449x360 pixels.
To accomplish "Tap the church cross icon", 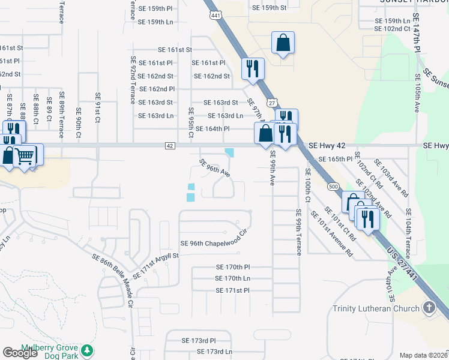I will [429, 308].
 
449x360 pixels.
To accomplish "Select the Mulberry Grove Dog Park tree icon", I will [88, 350].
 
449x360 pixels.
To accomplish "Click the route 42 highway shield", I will [170, 146].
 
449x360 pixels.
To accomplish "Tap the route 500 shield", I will [333, 187].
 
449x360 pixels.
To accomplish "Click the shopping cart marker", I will [24, 155].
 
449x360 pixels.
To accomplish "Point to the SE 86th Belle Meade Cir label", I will [112, 278].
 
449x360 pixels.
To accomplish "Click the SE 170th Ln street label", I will [232, 278].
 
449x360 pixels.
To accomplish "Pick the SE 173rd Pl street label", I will [198, 340].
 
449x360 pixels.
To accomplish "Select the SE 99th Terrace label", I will [298, 232].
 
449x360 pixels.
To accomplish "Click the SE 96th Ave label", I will [214, 168].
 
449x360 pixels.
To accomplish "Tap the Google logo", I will [20, 353].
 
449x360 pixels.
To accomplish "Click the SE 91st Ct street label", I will [97, 107].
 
